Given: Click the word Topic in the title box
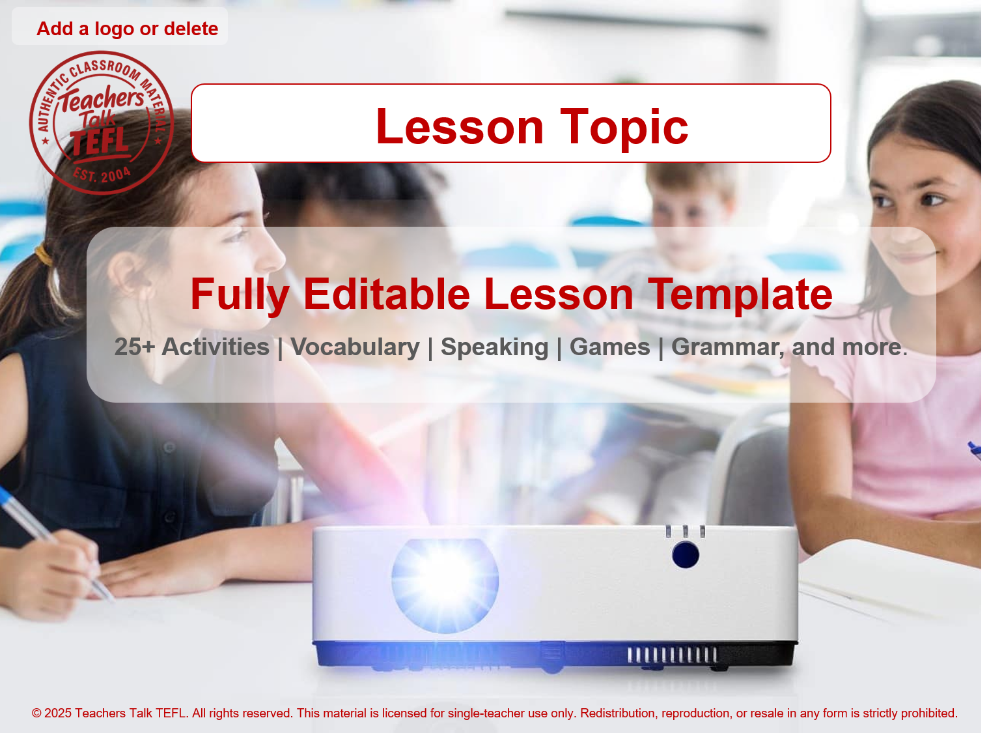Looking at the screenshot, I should pyautogui.click(x=624, y=126).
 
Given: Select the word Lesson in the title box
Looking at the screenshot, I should pyautogui.click(x=460, y=126).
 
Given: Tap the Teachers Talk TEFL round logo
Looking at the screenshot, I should pyautogui.click(x=101, y=122).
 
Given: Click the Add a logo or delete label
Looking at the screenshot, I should pyautogui.click(x=127, y=29).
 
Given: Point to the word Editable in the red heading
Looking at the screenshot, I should pyautogui.click(x=387, y=294).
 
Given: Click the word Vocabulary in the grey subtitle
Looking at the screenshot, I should pyautogui.click(x=355, y=347).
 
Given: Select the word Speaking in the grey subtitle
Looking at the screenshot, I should pyautogui.click(x=494, y=347).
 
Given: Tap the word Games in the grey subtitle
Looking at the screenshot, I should pyautogui.click(x=609, y=347).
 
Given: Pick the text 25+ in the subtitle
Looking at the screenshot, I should pyautogui.click(x=134, y=347).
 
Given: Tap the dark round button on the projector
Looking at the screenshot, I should pyautogui.click(x=685, y=554).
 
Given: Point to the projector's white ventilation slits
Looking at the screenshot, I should pyautogui.click(x=672, y=654).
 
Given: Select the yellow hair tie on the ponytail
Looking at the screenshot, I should pyautogui.click(x=44, y=253).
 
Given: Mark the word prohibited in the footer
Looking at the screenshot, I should pyautogui.click(x=928, y=713).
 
